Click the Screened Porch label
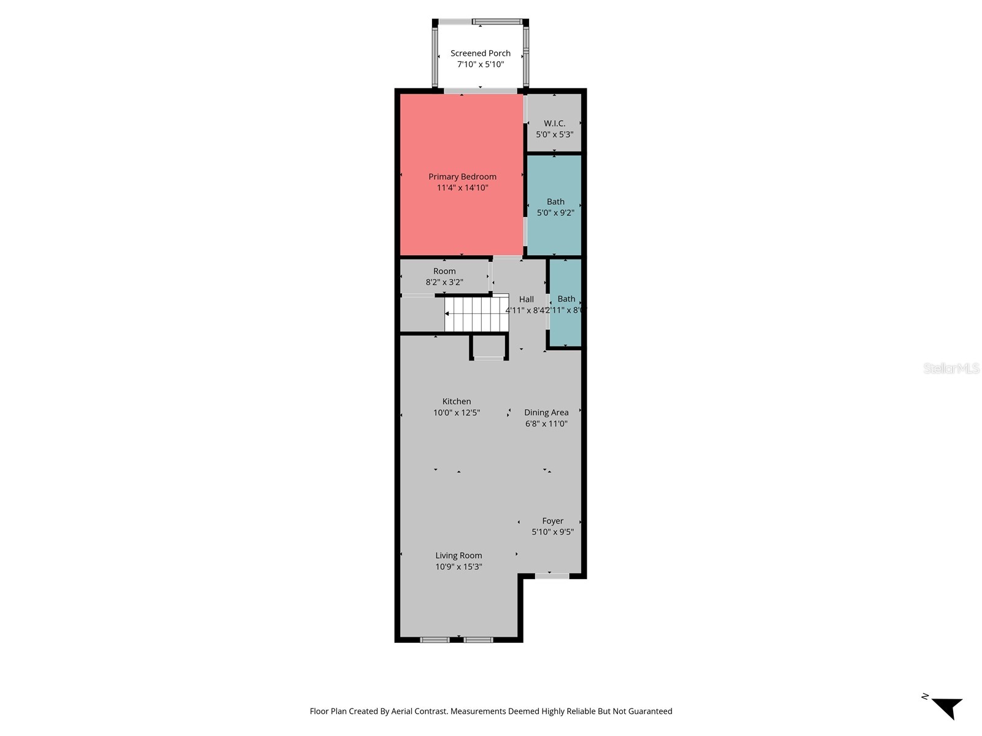click(481, 53)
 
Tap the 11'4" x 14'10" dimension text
click(462, 188)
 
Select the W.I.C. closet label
click(554, 123)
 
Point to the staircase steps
click(477, 314)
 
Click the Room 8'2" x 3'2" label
click(444, 276)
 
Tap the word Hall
click(526, 299)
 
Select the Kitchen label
click(457, 402)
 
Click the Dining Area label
click(546, 412)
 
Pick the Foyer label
click(552, 521)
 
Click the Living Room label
click(458, 556)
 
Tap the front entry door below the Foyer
click(552, 576)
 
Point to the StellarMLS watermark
click(951, 368)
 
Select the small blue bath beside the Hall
click(565, 304)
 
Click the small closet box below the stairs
click(489, 347)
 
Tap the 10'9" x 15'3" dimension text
click(458, 567)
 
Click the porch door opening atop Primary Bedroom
click(481, 91)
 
